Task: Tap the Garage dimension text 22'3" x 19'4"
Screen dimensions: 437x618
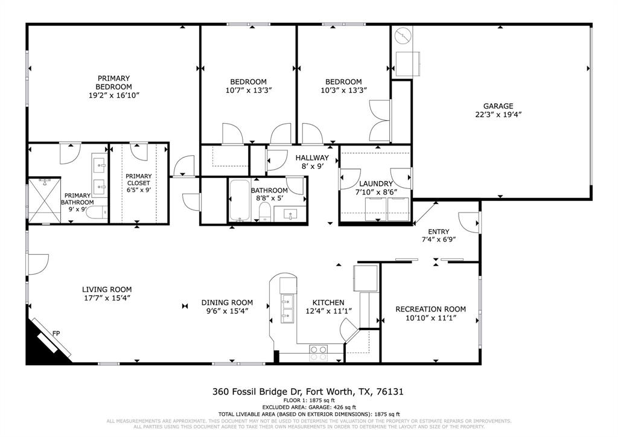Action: click(498, 114)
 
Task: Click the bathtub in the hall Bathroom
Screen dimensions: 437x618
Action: click(240, 201)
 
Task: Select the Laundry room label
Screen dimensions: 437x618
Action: click(376, 183)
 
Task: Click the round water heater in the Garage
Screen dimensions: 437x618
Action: click(402, 36)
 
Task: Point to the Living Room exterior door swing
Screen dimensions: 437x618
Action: click(39, 263)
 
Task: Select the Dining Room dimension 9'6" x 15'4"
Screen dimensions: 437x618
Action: click(227, 311)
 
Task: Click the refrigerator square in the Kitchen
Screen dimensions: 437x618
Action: click(366, 278)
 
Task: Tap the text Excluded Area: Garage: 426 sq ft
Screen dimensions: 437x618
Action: click(308, 407)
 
